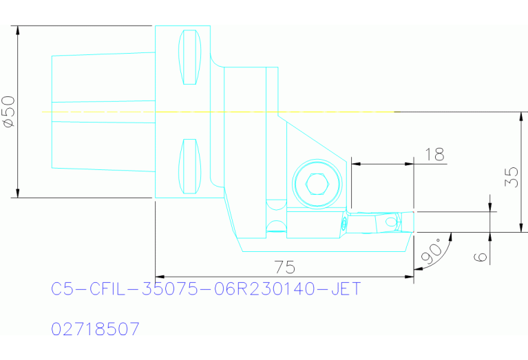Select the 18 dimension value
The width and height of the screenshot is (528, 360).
[435, 154]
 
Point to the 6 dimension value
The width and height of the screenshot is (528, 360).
[481, 256]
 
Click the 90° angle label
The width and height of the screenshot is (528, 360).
[430, 253]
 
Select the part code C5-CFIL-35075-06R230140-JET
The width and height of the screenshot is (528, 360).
[206, 289]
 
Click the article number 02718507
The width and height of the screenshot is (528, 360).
[96, 329]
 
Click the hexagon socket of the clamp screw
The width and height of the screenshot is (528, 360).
[316, 184]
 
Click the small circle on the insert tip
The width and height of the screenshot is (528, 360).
[392, 222]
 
